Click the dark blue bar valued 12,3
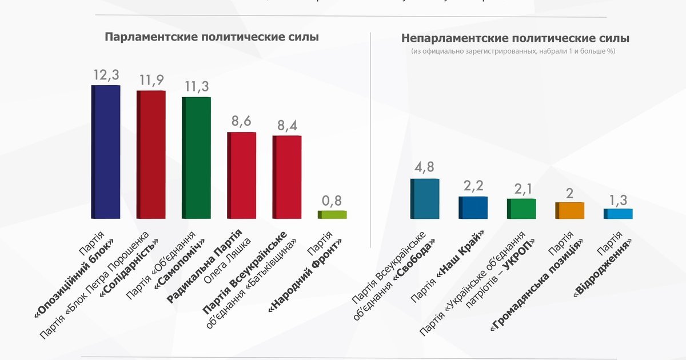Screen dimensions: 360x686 [x=106, y=151]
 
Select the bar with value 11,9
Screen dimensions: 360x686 [x=151, y=154]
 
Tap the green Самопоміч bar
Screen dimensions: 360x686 [x=197, y=158]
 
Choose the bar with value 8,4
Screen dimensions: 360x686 [x=287, y=177]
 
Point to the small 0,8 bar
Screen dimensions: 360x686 [x=333, y=214]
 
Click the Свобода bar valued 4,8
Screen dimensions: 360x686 [x=425, y=198]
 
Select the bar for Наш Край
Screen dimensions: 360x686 [x=473, y=207]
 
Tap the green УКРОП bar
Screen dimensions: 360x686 [x=521, y=209]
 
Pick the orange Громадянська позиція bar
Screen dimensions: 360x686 [x=570, y=210]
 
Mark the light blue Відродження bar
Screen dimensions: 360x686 [x=619, y=213]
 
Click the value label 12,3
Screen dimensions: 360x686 [x=106, y=75]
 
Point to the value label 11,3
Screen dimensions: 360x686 [x=197, y=86]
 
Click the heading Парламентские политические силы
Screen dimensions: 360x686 [x=212, y=37]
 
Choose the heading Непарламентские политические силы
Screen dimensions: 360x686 [x=515, y=39]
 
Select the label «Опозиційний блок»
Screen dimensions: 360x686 [x=74, y=277]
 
